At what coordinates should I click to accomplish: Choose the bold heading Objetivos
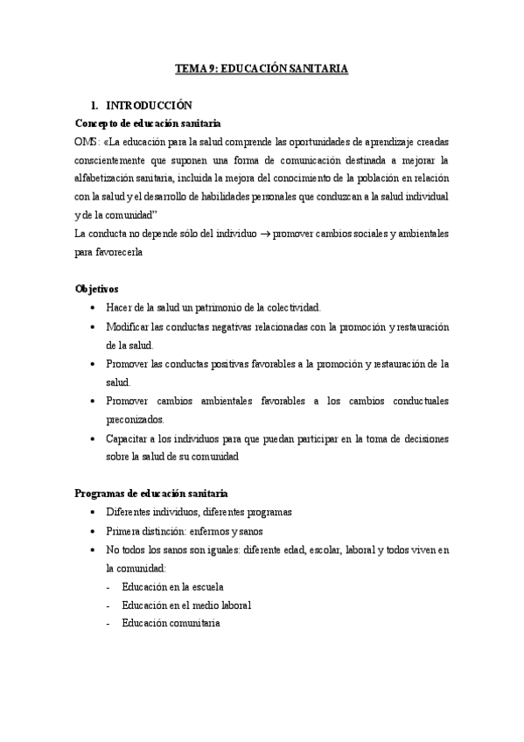pos(97,289)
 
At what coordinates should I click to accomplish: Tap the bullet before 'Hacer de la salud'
pos(94,308)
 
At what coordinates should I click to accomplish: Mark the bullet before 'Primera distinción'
pos(94,531)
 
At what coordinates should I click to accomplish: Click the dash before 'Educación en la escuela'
pos(108,586)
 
